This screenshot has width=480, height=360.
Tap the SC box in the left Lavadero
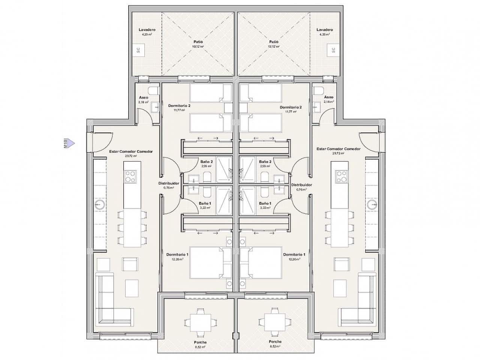pyautogui.click(x=138, y=50)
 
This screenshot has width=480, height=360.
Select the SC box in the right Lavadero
pyautogui.click(x=333, y=50)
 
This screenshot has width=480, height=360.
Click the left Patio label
pyautogui.click(x=198, y=42)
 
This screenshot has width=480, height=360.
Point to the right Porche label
pyautogui.click(x=275, y=342)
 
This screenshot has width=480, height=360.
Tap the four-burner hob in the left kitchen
pyautogui.click(x=130, y=176)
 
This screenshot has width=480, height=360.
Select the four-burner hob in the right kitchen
pyautogui.click(x=342, y=176)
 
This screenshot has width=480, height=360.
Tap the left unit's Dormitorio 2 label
pyautogui.click(x=179, y=106)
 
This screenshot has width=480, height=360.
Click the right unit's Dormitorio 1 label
pyautogui.click(x=294, y=254)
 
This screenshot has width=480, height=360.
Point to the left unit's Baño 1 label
pyautogui.click(x=205, y=203)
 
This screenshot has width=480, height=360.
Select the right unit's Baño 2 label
pyautogui.click(x=265, y=162)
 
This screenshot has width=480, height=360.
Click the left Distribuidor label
pyautogui.click(x=169, y=183)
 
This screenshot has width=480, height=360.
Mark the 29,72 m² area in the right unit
pyautogui.click(x=338, y=153)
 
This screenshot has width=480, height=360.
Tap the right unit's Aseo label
pyautogui.click(x=328, y=97)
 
